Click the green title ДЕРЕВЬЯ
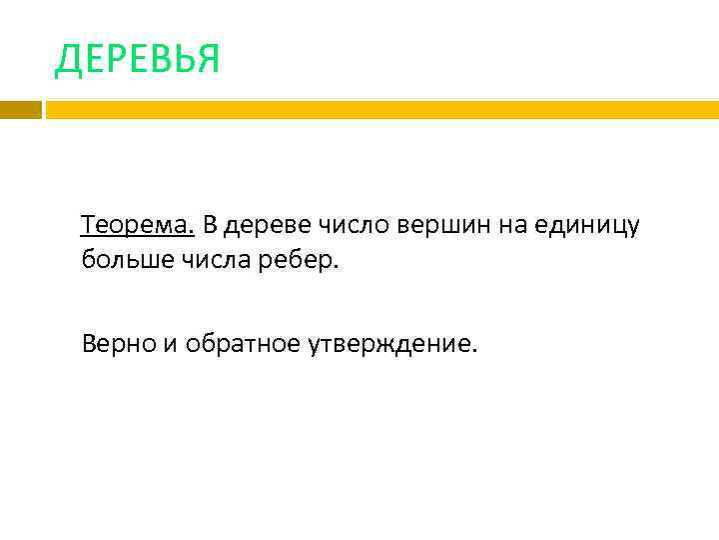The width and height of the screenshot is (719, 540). tap(137, 60)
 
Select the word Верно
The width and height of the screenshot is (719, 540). tap(116, 345)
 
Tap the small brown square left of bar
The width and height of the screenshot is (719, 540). tap(20, 109)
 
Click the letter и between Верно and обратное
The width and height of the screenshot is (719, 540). tap(166, 346)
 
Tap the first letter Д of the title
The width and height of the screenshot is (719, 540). tap(68, 61)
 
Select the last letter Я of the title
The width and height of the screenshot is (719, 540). tap(207, 60)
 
